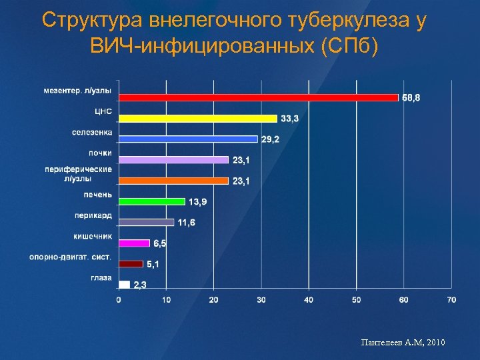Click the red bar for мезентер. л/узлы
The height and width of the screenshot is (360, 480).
(x=259, y=97)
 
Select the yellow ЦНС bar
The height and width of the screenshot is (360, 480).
(x=198, y=118)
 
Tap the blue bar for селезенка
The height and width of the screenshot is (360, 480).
(x=188, y=139)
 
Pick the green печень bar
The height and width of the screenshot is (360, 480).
(x=152, y=201)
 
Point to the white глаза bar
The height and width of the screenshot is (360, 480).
(x=124, y=285)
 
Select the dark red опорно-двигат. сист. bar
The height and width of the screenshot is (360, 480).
(x=131, y=264)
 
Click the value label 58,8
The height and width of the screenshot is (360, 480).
(x=411, y=98)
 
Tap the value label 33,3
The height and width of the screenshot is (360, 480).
(x=290, y=119)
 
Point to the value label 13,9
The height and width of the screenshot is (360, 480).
(x=198, y=201)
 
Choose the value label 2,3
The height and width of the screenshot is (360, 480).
(x=140, y=285)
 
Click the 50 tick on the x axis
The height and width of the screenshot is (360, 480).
(x=356, y=300)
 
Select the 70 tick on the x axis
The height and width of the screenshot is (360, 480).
(x=451, y=300)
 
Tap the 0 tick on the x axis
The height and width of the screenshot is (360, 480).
(x=119, y=300)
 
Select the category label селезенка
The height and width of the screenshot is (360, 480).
(x=92, y=132)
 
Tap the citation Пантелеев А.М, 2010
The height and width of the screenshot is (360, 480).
(x=402, y=343)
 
